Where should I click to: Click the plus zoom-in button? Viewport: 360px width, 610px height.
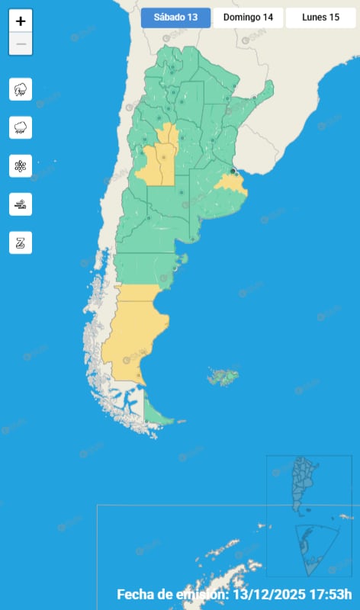[21, 21]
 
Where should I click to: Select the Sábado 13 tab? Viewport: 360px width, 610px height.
[175, 18]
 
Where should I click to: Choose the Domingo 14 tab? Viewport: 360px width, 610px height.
[248, 18]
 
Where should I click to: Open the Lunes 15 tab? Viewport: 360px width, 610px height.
[320, 18]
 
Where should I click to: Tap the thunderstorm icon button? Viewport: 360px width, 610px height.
[21, 89]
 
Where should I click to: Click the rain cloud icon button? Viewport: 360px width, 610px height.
[21, 127]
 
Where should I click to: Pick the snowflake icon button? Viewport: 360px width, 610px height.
[21, 165]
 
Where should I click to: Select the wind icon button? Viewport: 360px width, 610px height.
[21, 204]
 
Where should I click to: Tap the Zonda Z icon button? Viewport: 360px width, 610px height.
[21, 242]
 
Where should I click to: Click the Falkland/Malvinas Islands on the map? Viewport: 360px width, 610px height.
[223, 376]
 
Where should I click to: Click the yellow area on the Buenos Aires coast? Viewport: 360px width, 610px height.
[231, 183]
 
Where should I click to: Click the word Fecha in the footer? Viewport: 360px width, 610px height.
[137, 594]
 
